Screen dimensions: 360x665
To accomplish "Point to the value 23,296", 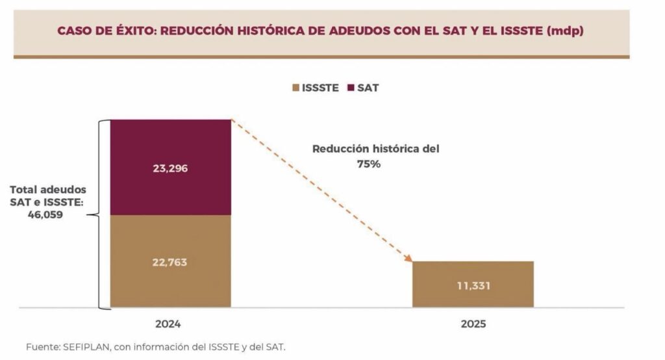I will pos(170,168).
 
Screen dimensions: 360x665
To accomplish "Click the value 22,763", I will pos(170,262).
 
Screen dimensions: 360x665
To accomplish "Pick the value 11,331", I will pos(473,285).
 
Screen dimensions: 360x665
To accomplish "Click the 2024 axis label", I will pos(168,324).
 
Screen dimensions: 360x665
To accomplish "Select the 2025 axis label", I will pos(473,324).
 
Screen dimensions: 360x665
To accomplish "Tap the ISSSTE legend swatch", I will pos(295,88).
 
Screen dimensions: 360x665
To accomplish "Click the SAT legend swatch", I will pos(351,88).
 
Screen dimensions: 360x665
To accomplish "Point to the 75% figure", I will pos(368,164).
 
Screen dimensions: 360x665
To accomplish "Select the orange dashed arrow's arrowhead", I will pos(408,259).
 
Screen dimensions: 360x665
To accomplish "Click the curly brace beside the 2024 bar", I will pos(101,214).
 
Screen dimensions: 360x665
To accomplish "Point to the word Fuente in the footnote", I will pos(42,346).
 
